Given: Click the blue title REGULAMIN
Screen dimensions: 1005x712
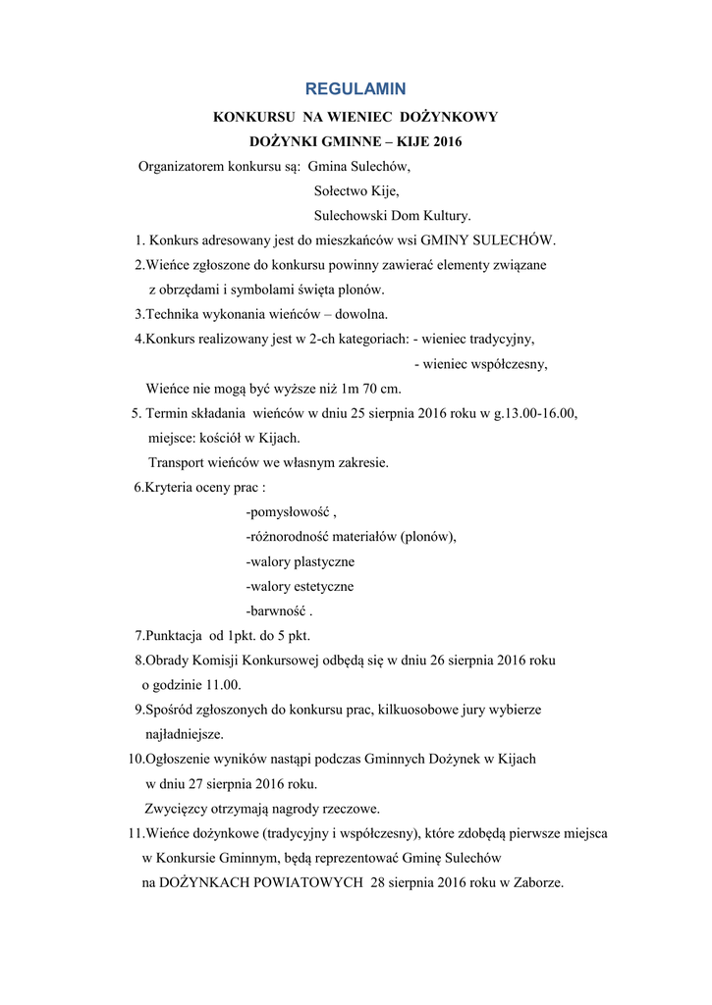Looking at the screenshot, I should pos(356,89).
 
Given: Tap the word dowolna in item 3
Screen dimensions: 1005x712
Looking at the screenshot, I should pos(363,314).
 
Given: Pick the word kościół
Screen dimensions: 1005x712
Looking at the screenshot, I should pos(223,438).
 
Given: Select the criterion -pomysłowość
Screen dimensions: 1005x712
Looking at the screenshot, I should pos(288,512).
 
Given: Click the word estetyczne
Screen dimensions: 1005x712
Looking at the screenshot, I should pos(318,586).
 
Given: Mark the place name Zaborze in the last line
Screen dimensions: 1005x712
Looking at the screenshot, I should pos(537,882).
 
